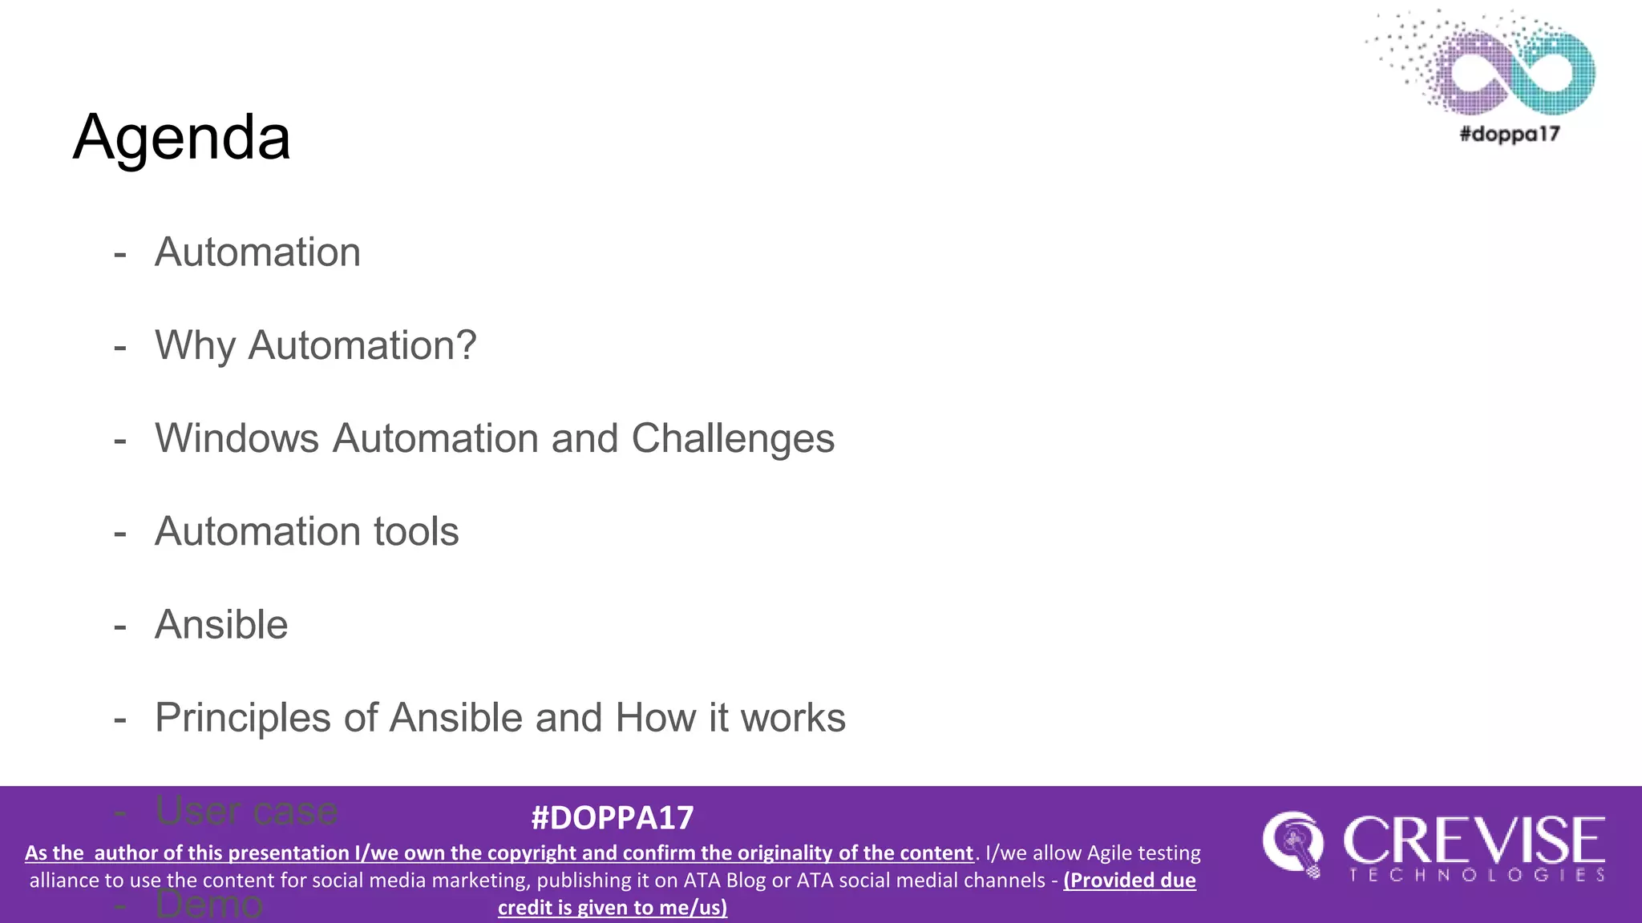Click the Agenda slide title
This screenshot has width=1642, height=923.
point(181,137)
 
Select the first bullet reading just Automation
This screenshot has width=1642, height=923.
point(257,252)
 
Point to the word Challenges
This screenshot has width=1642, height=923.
point(733,438)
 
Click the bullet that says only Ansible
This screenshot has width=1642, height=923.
point(221,624)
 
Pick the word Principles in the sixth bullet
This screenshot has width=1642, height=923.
point(242,718)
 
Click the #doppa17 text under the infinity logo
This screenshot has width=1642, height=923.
point(1509,134)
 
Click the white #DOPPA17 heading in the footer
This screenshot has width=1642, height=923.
point(613,818)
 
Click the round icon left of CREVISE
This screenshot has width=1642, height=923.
point(1292,844)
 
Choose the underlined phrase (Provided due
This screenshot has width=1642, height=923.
point(1130,881)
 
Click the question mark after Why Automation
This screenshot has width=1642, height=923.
point(466,346)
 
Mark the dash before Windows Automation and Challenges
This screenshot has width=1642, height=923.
point(120,440)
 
